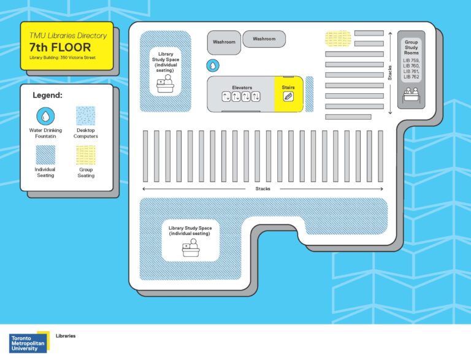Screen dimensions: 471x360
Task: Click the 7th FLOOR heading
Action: (x=59, y=47)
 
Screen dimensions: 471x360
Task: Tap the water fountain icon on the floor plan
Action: (x=213, y=66)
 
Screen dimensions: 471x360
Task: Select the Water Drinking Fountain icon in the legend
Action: (x=45, y=117)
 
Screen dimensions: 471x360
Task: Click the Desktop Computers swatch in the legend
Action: (x=86, y=116)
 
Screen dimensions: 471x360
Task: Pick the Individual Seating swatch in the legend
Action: (x=45, y=155)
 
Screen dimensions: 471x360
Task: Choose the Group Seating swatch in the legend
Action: (x=86, y=155)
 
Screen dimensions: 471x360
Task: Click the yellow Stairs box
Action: (x=288, y=94)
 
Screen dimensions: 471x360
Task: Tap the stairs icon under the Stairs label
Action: (x=288, y=97)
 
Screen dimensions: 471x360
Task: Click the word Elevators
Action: (x=242, y=88)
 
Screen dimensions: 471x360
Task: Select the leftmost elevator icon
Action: (x=226, y=97)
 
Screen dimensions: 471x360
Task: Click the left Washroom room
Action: (x=224, y=42)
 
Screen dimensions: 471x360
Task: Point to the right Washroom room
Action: (x=264, y=39)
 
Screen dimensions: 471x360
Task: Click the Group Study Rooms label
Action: (x=412, y=47)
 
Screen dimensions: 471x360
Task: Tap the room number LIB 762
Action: (x=412, y=77)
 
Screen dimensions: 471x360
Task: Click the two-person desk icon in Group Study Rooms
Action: (x=412, y=95)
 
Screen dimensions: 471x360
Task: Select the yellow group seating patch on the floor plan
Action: (x=338, y=39)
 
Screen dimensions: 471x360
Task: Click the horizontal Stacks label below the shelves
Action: (x=263, y=189)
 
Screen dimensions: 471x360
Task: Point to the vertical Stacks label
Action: (x=390, y=73)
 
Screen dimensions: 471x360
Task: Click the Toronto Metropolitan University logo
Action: (x=29, y=342)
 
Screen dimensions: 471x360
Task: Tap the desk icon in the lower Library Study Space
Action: (x=191, y=248)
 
